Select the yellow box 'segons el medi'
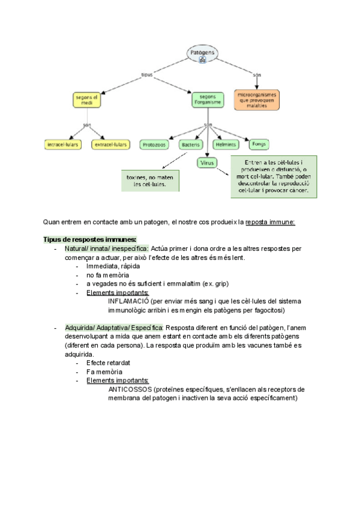pyautogui.click(x=87, y=100)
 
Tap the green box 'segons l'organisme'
pyautogui.click(x=207, y=100)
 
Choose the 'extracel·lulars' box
pyautogui.click(x=111, y=144)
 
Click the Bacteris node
pyautogui.click(x=192, y=144)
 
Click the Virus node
pyautogui.click(x=206, y=162)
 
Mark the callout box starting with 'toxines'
pyautogui.click(x=151, y=180)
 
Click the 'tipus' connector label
pyautogui.click(x=146, y=74)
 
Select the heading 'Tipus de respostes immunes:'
pyautogui.click(x=90, y=238)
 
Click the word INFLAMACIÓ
pyautogui.click(x=128, y=301)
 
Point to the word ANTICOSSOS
pyautogui.click(x=130, y=389)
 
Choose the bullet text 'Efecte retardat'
pyautogui.click(x=109, y=363)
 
